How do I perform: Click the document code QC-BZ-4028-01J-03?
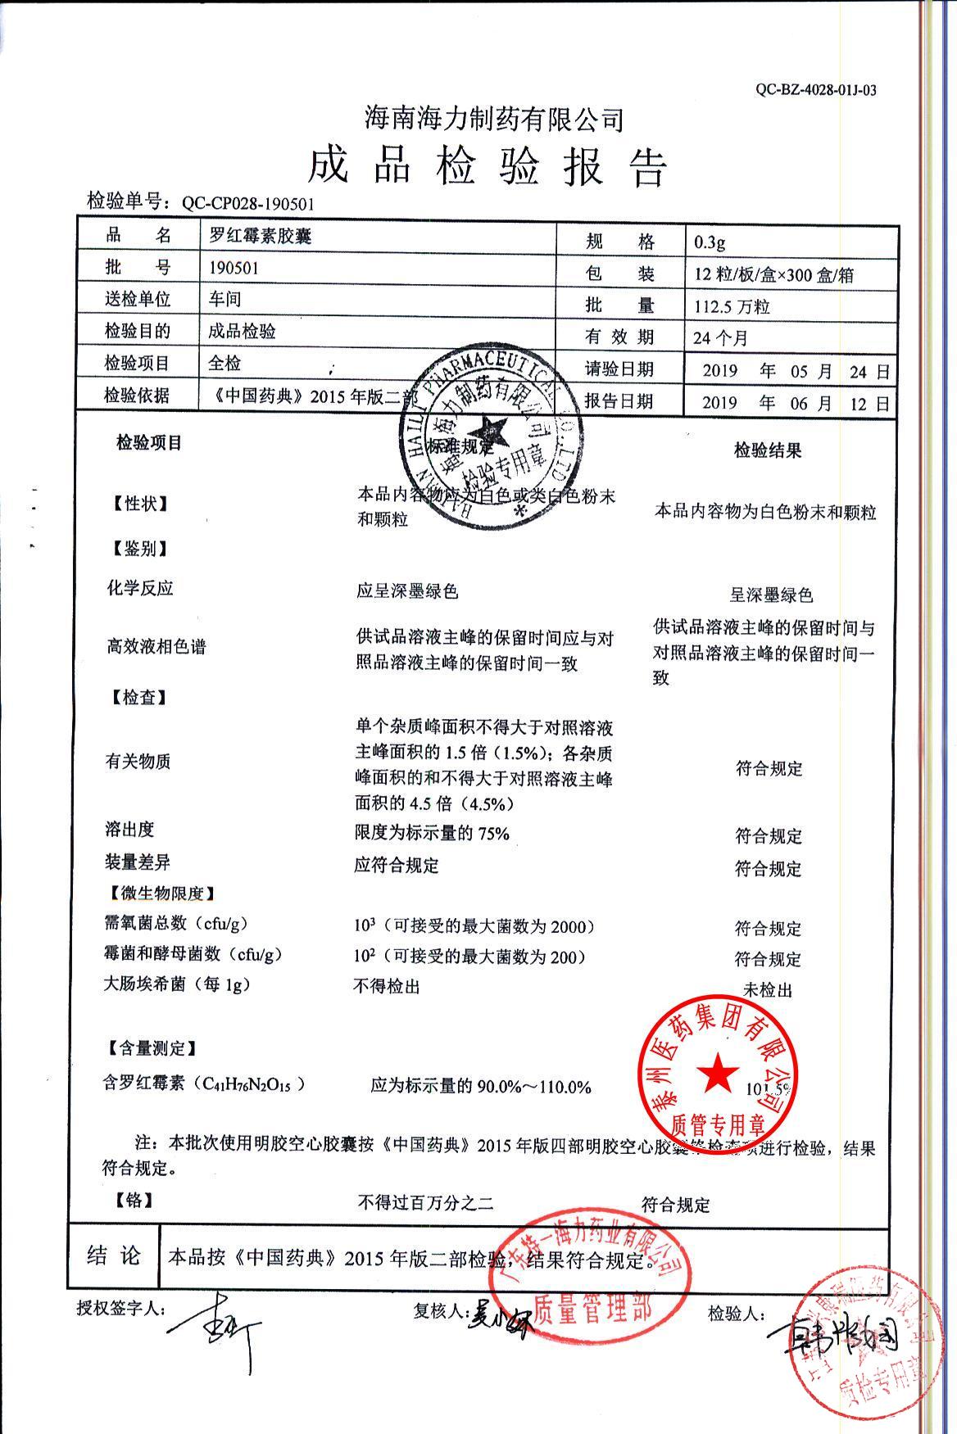pyautogui.click(x=815, y=90)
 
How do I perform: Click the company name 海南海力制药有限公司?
pyautogui.click(x=494, y=120)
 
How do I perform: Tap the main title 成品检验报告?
pyautogui.click(x=488, y=167)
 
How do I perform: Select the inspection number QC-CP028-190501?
pyautogui.click(x=247, y=204)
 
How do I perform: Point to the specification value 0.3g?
pyautogui.click(x=710, y=242)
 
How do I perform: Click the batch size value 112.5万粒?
pyautogui.click(x=732, y=307)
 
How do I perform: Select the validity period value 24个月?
pyautogui.click(x=720, y=337)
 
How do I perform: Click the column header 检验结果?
pyautogui.click(x=767, y=450)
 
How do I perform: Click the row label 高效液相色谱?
pyautogui.click(x=155, y=647)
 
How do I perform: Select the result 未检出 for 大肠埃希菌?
pyautogui.click(x=767, y=990)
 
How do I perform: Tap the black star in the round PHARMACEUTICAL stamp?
pyautogui.click(x=490, y=428)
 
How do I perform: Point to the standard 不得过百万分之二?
pyautogui.click(x=425, y=1203)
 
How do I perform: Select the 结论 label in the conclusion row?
pyautogui.click(x=114, y=1256)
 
